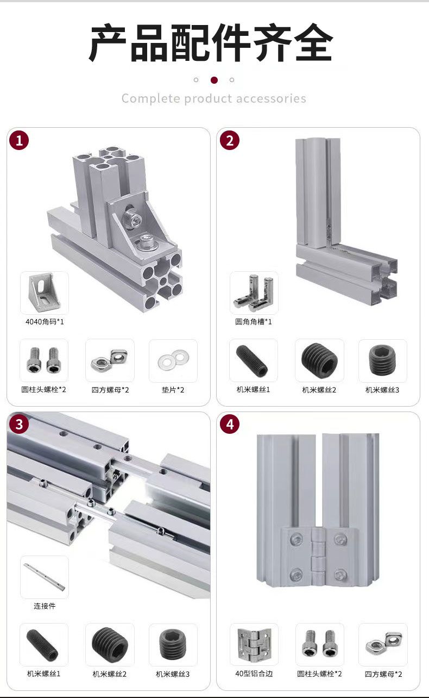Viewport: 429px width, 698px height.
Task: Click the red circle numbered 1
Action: coord(19,141)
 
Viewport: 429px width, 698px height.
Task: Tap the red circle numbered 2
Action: coord(230,141)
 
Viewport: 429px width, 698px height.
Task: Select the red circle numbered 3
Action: coord(19,424)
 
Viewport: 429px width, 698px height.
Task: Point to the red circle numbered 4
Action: coord(230,424)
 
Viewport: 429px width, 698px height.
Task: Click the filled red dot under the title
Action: coord(214,80)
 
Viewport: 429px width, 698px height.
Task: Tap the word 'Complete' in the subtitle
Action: coord(150,98)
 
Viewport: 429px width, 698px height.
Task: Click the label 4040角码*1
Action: coord(45,322)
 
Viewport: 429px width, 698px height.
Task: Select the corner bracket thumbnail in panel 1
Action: coord(45,293)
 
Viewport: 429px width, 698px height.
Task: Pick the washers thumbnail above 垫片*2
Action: coord(173,361)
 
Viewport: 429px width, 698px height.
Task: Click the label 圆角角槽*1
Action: coord(254,322)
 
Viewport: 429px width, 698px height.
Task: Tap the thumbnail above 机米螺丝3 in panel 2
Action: coord(383,361)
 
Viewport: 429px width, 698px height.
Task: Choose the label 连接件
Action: coord(45,606)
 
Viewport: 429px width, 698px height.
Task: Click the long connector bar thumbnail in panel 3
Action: coord(45,577)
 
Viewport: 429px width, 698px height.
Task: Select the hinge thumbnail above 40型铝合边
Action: coord(254,644)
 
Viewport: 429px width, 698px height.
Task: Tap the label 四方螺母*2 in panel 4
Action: coord(383,674)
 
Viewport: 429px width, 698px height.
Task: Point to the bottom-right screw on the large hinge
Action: coord(340,574)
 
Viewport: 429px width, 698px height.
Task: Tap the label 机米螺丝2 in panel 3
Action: coord(110,674)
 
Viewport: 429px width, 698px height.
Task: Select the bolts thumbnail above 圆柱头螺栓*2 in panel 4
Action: coord(320,644)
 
